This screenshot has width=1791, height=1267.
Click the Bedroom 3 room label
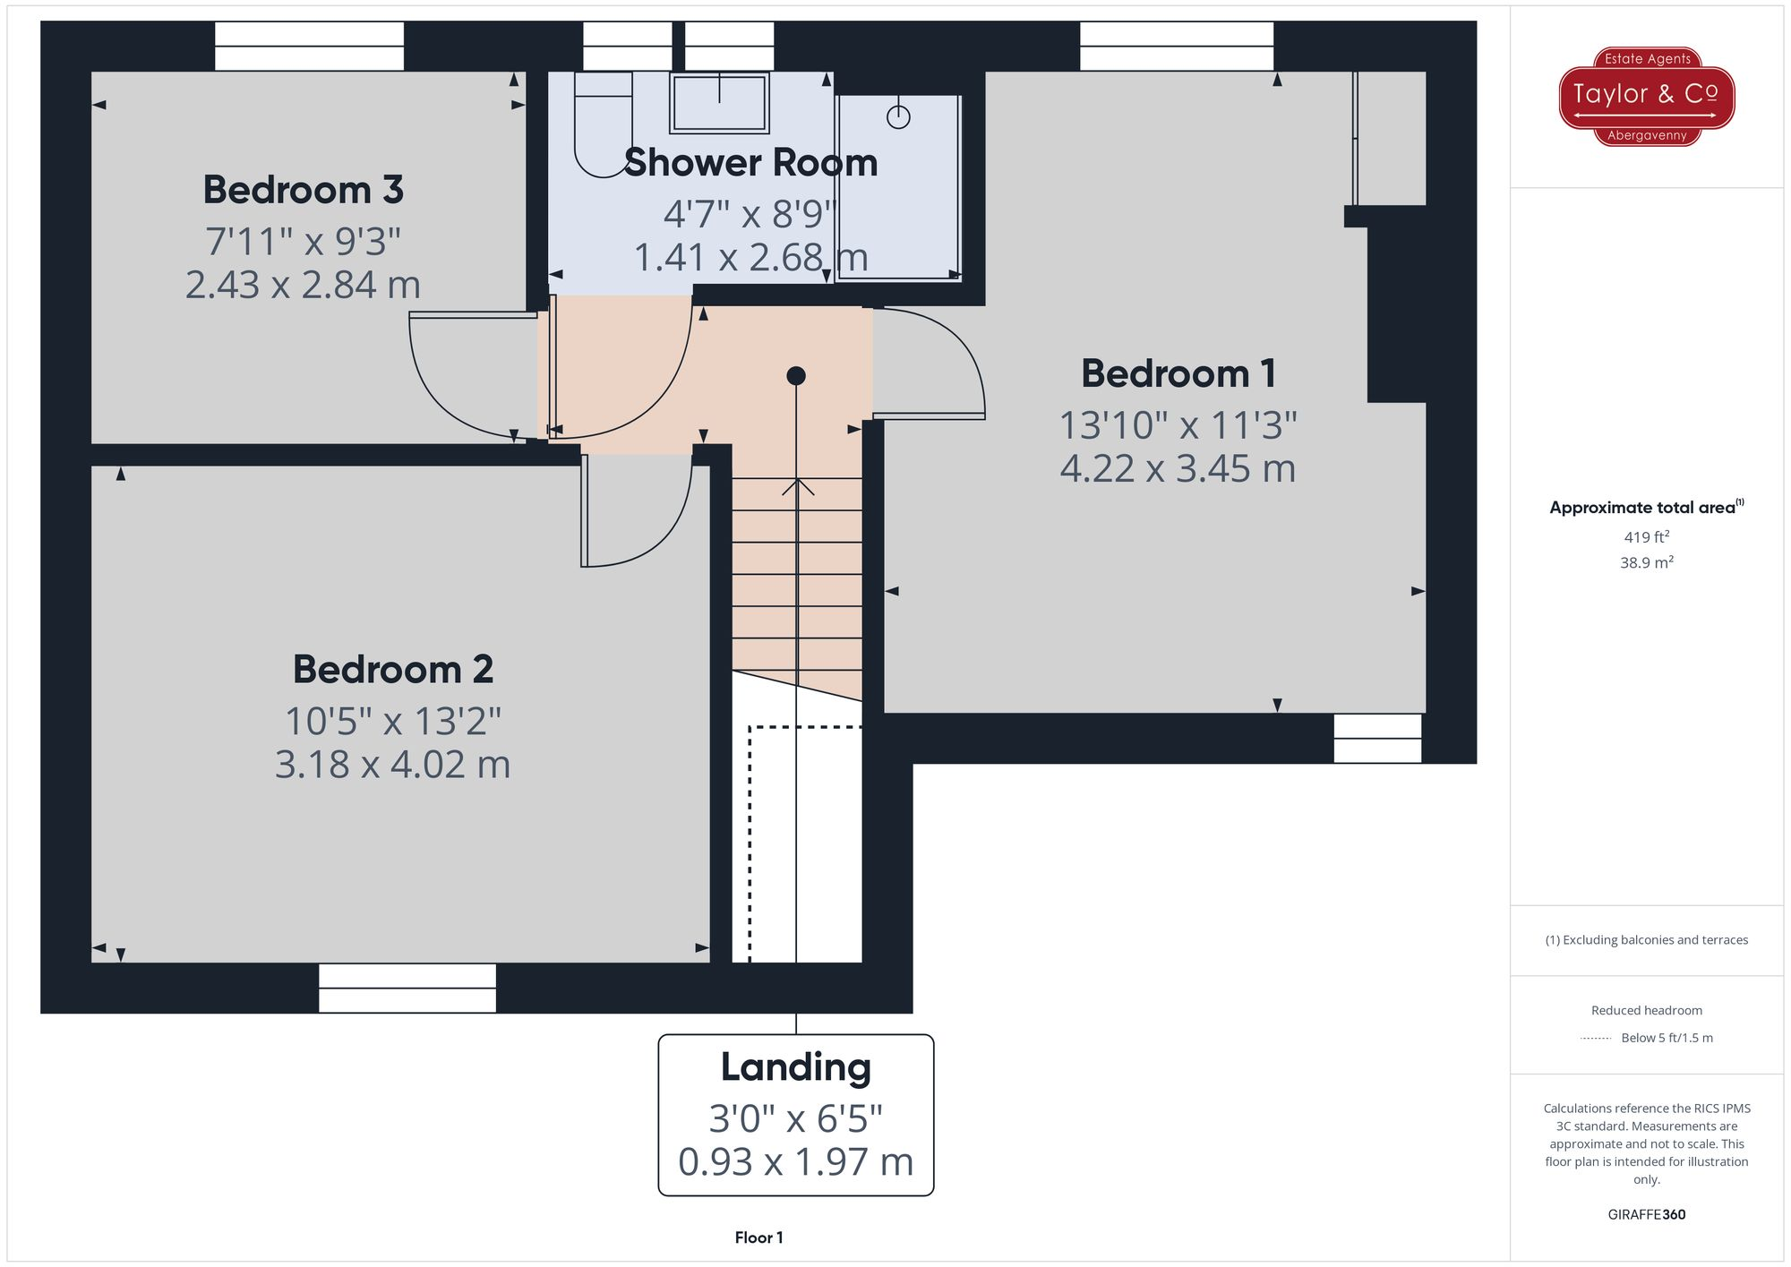303,190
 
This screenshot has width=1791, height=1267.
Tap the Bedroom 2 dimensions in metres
392,765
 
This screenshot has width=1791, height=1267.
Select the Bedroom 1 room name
1178,373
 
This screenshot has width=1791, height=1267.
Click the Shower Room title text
750,163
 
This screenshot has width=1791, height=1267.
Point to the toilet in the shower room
602,125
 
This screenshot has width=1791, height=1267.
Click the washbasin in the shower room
719,102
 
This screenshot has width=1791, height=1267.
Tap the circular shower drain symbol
898,117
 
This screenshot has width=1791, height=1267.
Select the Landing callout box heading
795,1067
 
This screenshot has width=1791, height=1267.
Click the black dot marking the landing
796,376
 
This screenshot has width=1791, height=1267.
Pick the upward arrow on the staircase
797,488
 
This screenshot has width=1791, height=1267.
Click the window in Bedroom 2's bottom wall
407,988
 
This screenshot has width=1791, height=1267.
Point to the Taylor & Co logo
1646,97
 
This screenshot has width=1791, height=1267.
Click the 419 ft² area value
1646,537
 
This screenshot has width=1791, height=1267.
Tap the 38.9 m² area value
1646,563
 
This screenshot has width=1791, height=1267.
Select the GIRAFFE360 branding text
1646,1215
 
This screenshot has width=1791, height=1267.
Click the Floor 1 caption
758,1237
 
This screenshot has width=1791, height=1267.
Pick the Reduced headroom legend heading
1646,1011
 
